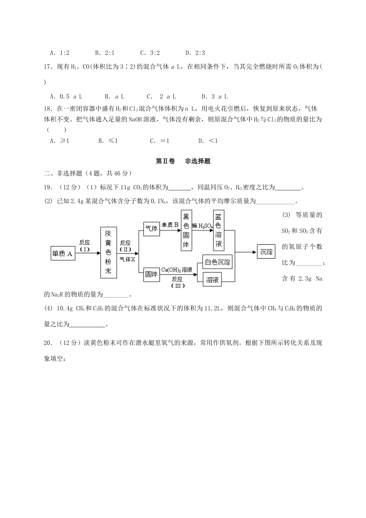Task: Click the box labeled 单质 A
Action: (62, 254)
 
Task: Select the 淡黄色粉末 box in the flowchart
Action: (108, 252)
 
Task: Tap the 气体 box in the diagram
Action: (151, 229)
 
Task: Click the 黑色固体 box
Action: (186, 230)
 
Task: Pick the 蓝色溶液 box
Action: (218, 230)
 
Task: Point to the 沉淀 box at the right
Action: (266, 252)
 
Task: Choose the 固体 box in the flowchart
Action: (151, 274)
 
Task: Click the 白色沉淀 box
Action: (217, 262)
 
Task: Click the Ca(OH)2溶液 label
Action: (177, 270)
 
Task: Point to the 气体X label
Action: (127, 259)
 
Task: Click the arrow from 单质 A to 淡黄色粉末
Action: (87, 253)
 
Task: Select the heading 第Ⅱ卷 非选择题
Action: (183, 161)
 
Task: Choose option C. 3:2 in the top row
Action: (150, 53)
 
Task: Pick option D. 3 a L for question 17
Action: (215, 96)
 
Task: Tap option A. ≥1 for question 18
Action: (59, 141)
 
